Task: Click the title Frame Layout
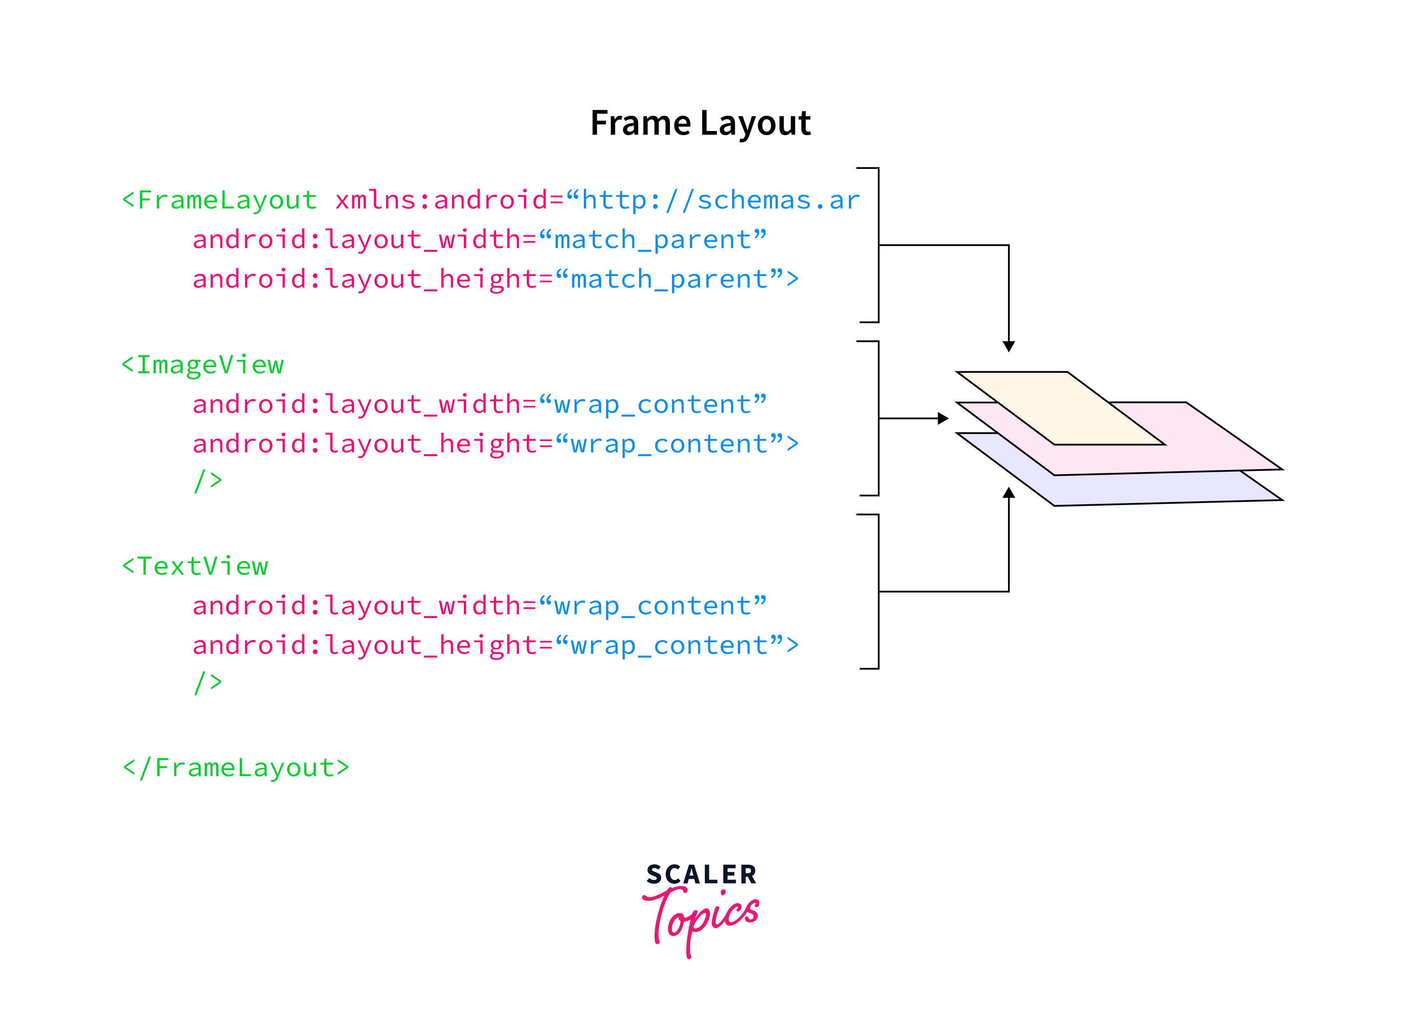[700, 123]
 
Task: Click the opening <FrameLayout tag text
[220, 200]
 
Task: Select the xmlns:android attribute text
[441, 200]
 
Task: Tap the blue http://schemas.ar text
[720, 200]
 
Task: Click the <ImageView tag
[203, 365]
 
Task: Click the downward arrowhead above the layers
[1009, 346]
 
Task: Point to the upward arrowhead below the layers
[1009, 493]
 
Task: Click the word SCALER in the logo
[702, 875]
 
